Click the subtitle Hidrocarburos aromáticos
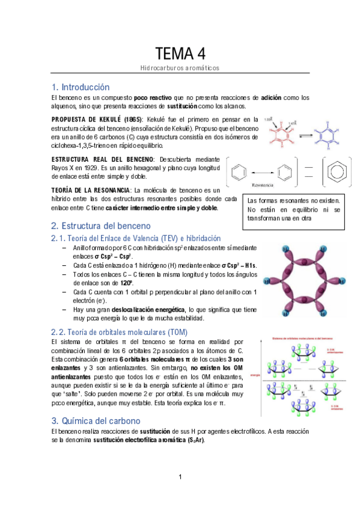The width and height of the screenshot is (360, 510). [180, 68]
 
